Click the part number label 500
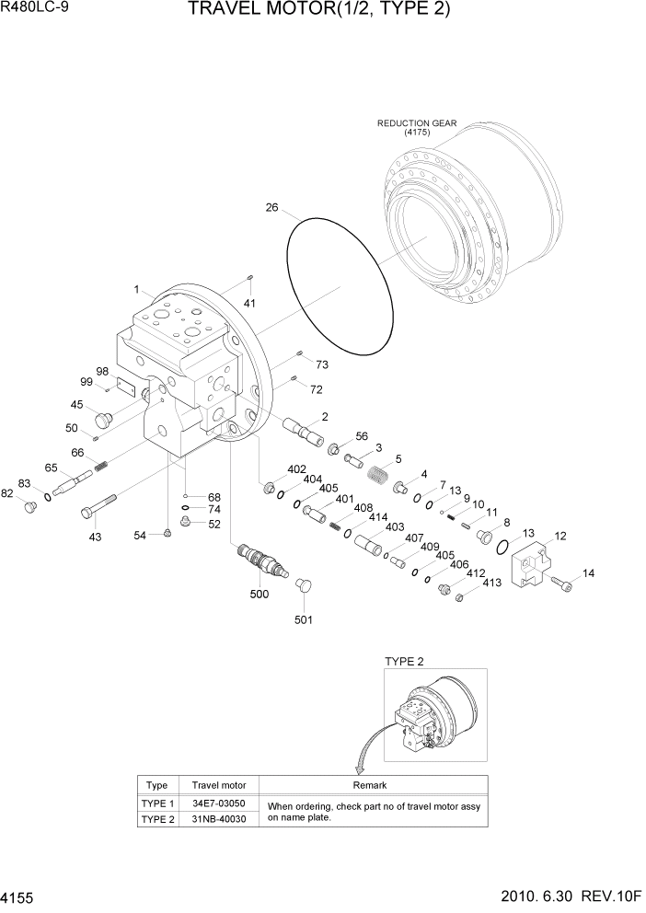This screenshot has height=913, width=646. tap(259, 595)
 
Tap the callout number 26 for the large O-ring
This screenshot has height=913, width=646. tap(271, 208)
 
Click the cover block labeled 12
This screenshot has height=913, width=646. tap(536, 561)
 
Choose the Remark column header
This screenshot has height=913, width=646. tap(370, 785)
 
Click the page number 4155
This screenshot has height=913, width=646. tap(19, 896)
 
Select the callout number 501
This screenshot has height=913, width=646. tap(303, 619)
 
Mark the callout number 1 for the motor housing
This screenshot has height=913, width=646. tap(136, 289)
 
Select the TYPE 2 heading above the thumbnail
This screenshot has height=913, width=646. tap(404, 662)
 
